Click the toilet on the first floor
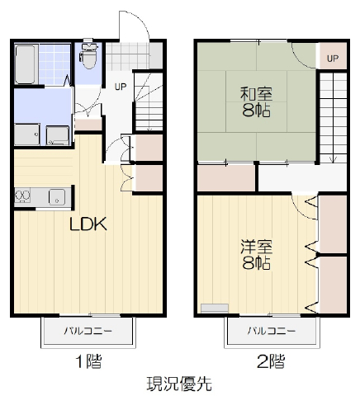88,54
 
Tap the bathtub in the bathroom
25,64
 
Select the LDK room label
88,224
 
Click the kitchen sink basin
57,197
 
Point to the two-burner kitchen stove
22,196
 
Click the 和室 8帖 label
256,102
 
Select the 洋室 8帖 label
256,255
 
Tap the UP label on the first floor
121,87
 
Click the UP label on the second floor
333,59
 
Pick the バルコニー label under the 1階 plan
88,330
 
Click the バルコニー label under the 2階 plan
272,330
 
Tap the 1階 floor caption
88,361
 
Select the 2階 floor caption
271,361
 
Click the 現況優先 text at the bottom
179,384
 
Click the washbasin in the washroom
27,134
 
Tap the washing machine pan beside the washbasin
58,135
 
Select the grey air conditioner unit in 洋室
215,308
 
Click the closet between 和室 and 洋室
226,177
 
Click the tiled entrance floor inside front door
127,56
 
